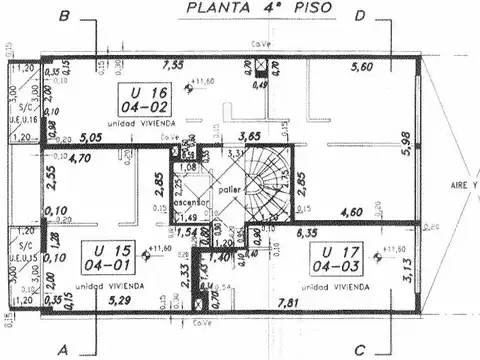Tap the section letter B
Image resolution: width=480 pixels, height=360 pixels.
pyautogui.click(x=64, y=16)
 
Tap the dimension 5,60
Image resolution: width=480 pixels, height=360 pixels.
pyautogui.click(x=362, y=68)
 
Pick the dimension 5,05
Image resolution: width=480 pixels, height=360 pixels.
pyautogui.click(x=92, y=138)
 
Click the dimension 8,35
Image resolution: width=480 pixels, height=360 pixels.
pyautogui.click(x=308, y=233)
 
